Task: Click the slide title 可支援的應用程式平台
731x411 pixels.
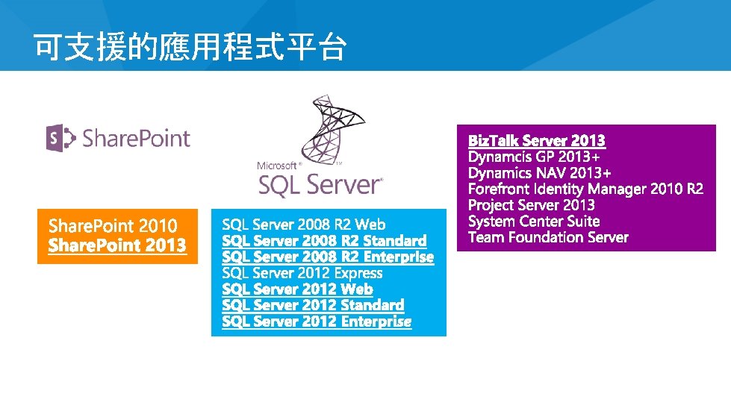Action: pyautogui.click(x=190, y=48)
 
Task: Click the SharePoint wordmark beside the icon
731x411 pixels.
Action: pyautogui.click(x=136, y=138)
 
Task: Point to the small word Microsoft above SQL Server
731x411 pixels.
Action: pyautogui.click(x=276, y=166)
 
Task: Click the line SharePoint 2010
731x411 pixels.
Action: pyautogui.click(x=113, y=225)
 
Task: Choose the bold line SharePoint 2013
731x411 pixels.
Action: pyautogui.click(x=117, y=245)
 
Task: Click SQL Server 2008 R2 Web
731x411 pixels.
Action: pyautogui.click(x=304, y=225)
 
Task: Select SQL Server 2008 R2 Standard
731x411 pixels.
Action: pyautogui.click(x=324, y=241)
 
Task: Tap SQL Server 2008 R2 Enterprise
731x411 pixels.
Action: pyautogui.click(x=328, y=257)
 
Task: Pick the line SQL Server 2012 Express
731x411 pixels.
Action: pyautogui.click(x=302, y=273)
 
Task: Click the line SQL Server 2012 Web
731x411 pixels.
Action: pyautogui.click(x=297, y=289)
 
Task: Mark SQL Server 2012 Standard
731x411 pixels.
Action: pyautogui.click(x=313, y=305)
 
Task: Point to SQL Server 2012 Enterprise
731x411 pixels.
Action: pyautogui.click(x=317, y=321)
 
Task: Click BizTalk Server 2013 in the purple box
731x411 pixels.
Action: pyautogui.click(x=536, y=140)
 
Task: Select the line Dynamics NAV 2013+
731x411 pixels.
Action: pyautogui.click(x=539, y=172)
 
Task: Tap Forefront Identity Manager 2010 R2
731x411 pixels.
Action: pyautogui.click(x=585, y=189)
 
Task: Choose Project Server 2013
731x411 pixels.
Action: pyautogui.click(x=531, y=205)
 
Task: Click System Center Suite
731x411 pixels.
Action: pyautogui.click(x=534, y=222)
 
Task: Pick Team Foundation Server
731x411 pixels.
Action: pyautogui.click(x=548, y=238)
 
